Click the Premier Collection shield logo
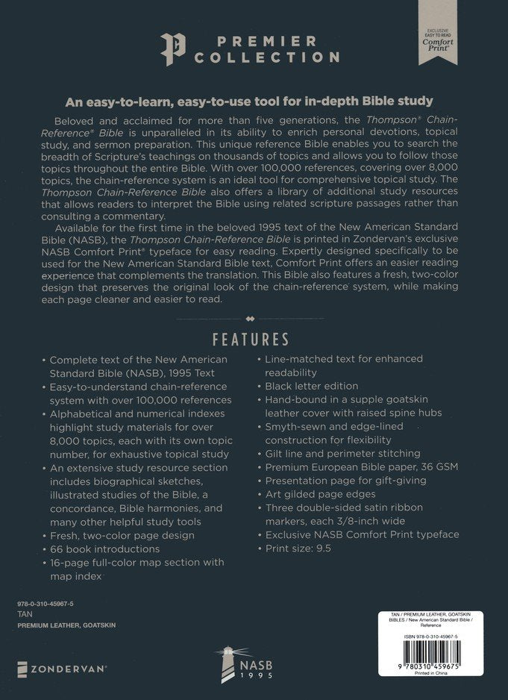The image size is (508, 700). pos(171,49)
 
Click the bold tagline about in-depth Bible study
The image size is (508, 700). pos(254,101)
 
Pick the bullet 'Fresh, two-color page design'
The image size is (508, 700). pos(122,534)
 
